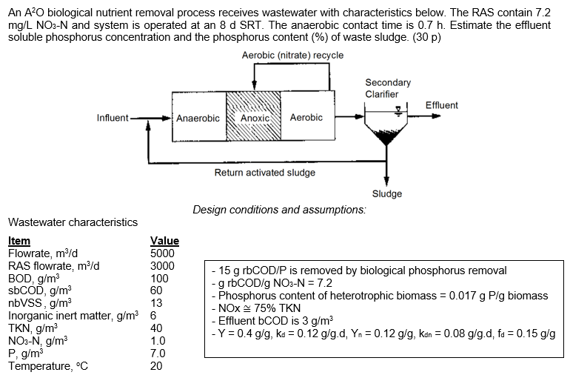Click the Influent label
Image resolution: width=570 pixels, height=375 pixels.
click(x=112, y=118)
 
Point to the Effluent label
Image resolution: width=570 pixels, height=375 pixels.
click(x=442, y=105)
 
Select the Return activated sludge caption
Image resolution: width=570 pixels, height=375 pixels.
click(x=264, y=173)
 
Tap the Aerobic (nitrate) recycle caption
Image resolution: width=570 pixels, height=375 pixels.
click(x=292, y=56)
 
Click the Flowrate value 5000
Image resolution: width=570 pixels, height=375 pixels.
click(x=162, y=253)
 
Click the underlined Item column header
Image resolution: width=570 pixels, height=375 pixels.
click(x=19, y=241)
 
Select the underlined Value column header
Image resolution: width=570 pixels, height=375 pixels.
click(x=164, y=241)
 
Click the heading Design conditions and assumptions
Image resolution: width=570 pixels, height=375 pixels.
click(x=279, y=210)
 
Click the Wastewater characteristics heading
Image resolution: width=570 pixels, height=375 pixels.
click(x=73, y=222)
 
